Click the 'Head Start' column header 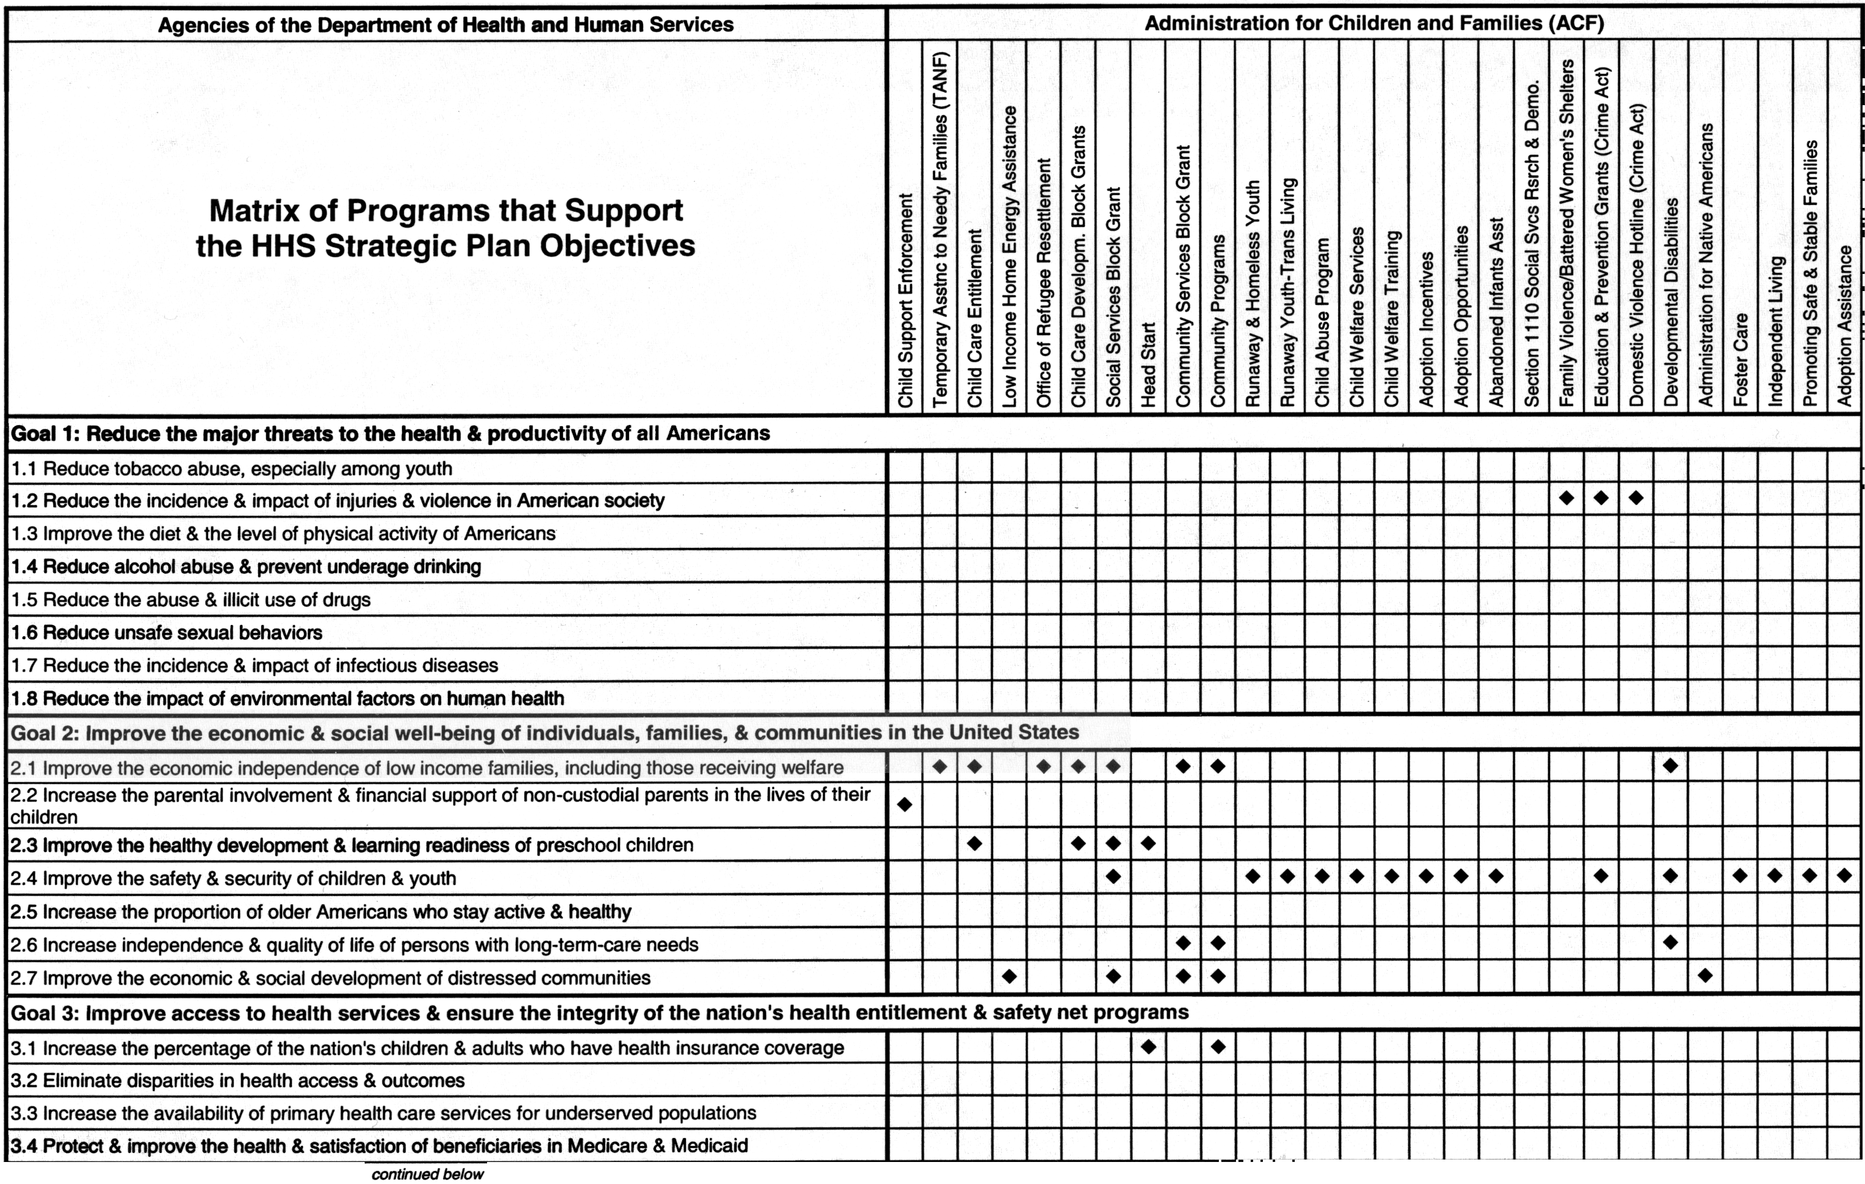coord(1148,364)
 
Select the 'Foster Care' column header coord(1740,360)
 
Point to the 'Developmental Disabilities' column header coord(1670,302)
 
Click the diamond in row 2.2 coord(904,805)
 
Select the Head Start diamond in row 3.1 coord(1148,1047)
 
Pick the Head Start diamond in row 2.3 coord(1148,843)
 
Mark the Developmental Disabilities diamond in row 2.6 coord(1670,942)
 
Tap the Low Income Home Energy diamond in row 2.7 coord(1009,977)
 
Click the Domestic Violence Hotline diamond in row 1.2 coord(1636,498)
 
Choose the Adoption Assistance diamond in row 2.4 coord(1845,876)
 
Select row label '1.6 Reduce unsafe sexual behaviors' coord(166,632)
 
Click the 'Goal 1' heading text coord(390,434)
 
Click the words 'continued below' coord(428,1174)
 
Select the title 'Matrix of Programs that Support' coord(446,210)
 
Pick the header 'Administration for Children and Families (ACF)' coord(1374,23)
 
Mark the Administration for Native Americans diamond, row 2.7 coord(1705,975)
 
